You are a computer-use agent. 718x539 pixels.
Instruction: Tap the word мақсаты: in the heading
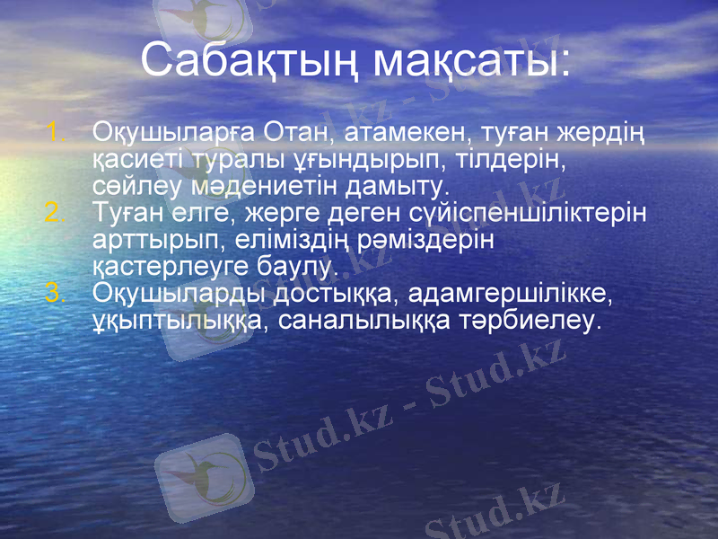pos(472,60)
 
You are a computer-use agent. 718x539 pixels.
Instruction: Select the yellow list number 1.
pos(55,134)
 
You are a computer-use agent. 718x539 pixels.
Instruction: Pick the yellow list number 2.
pos(55,214)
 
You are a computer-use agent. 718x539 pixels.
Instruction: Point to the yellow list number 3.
pos(55,293)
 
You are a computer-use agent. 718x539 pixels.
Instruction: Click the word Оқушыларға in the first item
pos(174,135)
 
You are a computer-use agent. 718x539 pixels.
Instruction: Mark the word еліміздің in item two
pos(307,240)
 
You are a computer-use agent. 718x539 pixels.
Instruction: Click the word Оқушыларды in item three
pos(176,293)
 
